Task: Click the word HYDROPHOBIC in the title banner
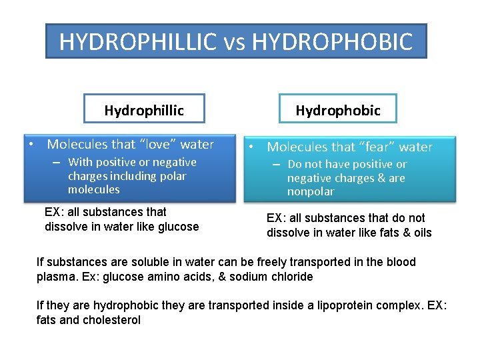pos(333,42)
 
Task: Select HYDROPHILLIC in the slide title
pos(137,42)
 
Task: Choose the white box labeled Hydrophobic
pos(338,110)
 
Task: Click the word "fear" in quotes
pos(379,147)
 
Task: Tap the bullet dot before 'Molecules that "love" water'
pos(31,145)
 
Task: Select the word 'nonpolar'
pos(311,192)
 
